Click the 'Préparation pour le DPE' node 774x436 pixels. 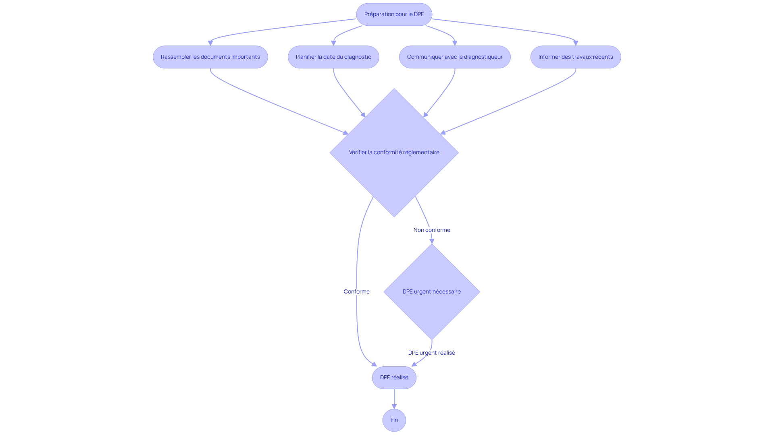(394, 14)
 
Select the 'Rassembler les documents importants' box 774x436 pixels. (210, 57)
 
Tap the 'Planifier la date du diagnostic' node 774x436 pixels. (333, 57)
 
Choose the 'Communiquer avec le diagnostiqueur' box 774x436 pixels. (455, 57)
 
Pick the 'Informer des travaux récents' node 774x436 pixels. (576, 57)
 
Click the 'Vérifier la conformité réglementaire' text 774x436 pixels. (394, 152)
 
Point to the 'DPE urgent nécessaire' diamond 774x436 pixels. (432, 291)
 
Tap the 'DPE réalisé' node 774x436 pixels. (394, 378)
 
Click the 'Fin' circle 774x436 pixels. (394, 420)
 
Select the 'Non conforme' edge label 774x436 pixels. (432, 230)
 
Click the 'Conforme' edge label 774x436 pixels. (356, 291)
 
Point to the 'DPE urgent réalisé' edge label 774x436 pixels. (432, 353)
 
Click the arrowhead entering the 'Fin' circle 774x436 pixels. (394, 407)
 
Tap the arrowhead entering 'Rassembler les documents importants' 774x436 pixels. (210, 43)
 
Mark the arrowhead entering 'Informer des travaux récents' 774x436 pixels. (576, 43)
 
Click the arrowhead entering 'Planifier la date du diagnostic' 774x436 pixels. (333, 43)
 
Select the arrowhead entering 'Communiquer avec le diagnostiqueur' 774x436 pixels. (455, 43)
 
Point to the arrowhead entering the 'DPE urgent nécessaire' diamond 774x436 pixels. (432, 241)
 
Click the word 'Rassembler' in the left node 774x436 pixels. (176, 57)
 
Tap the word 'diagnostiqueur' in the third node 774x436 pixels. (483, 57)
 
